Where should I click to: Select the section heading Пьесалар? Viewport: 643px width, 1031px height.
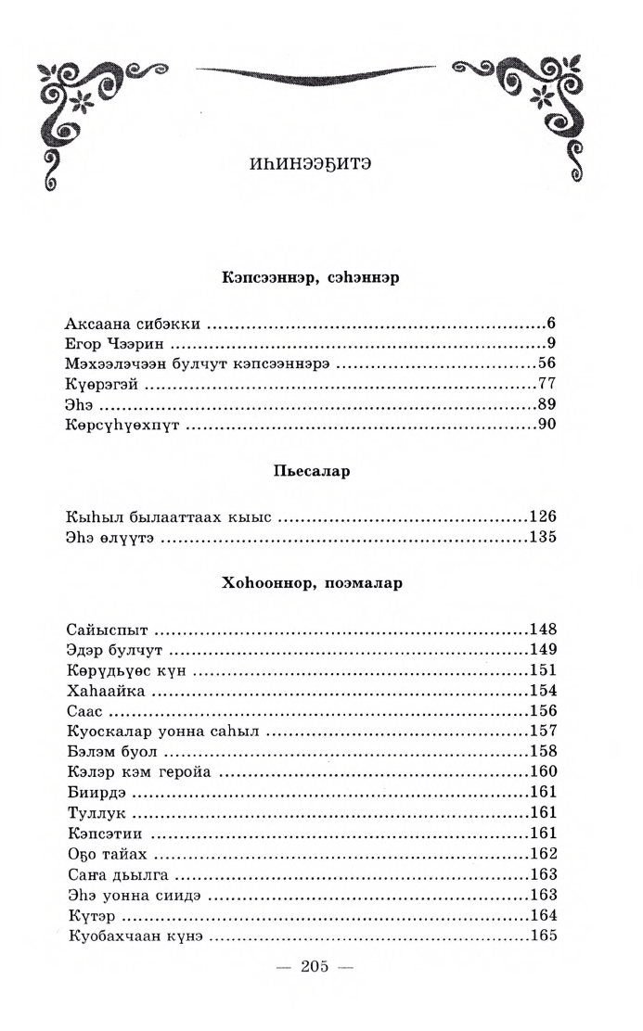pos(311,471)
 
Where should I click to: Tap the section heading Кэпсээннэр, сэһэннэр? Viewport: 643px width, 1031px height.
pos(311,277)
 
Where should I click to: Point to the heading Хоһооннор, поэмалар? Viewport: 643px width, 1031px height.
pos(311,585)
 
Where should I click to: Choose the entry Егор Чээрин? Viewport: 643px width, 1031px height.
pos(114,345)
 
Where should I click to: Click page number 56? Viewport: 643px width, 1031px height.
pos(546,364)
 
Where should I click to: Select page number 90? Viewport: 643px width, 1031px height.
pos(546,426)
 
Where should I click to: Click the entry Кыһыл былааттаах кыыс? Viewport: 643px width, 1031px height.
pos(168,517)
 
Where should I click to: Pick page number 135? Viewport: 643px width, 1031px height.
pos(542,538)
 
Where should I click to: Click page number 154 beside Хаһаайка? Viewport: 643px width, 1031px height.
pos(542,691)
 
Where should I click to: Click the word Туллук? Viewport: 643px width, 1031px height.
pos(96,813)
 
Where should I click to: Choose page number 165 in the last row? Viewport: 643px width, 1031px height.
pos(542,936)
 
